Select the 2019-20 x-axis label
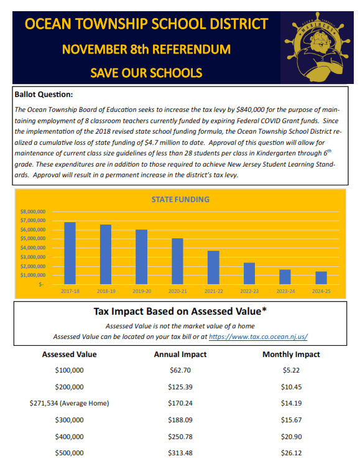[141, 290]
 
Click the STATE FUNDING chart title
[180, 200]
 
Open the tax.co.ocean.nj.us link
[258, 337]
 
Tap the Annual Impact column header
[180, 355]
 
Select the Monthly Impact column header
[291, 355]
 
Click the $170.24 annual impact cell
[180, 403]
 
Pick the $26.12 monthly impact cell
[291, 453]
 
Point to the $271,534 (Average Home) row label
[69, 403]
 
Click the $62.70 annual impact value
[180, 370]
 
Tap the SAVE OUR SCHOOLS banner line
[146, 72]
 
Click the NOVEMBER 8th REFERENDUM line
[146, 49]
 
